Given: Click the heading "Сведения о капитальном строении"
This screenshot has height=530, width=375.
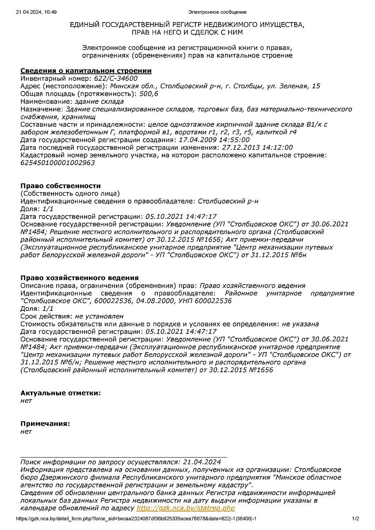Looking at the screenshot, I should coord(86,71).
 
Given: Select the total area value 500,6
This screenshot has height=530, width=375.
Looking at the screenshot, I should coord(149,94).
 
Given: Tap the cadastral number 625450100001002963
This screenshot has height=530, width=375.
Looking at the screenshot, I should coord(57,163).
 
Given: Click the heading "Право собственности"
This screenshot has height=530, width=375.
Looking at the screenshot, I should coord(61,186).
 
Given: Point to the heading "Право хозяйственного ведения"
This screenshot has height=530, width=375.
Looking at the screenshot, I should coord(80,278).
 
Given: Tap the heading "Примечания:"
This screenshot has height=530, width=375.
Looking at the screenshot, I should coord(45,423).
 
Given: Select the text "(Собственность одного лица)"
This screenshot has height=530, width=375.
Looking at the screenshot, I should coord(70,193).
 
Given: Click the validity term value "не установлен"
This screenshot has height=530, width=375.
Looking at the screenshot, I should coord(99,316).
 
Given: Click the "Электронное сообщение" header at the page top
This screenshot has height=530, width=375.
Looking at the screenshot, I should coord(218,12).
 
